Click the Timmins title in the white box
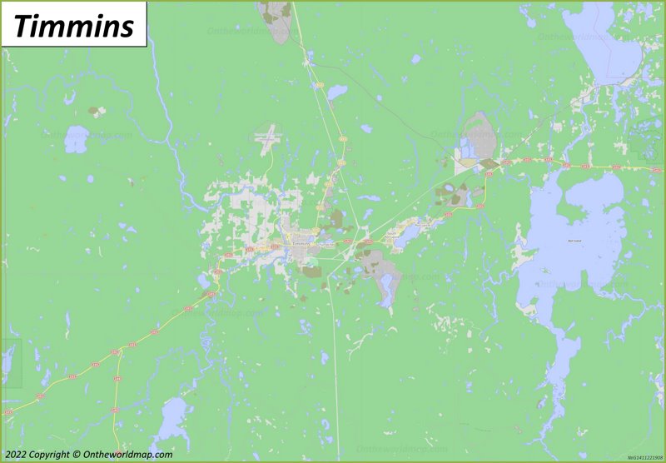point(74,26)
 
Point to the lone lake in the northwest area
point(76,140)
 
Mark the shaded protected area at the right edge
point(647,143)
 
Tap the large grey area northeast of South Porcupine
point(478,133)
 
